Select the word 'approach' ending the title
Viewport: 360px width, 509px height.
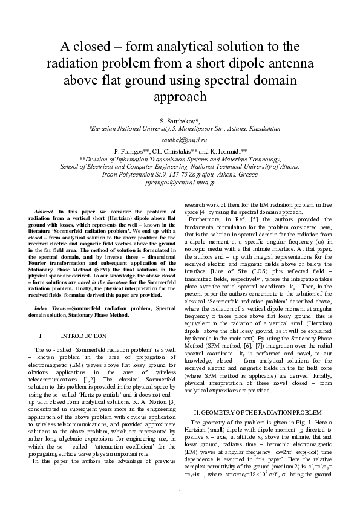(x=180, y=97)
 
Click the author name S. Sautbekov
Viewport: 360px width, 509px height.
(x=179, y=121)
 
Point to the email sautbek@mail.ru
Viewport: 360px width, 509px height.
(x=180, y=139)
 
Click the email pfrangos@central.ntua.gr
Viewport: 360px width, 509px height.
(x=180, y=182)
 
